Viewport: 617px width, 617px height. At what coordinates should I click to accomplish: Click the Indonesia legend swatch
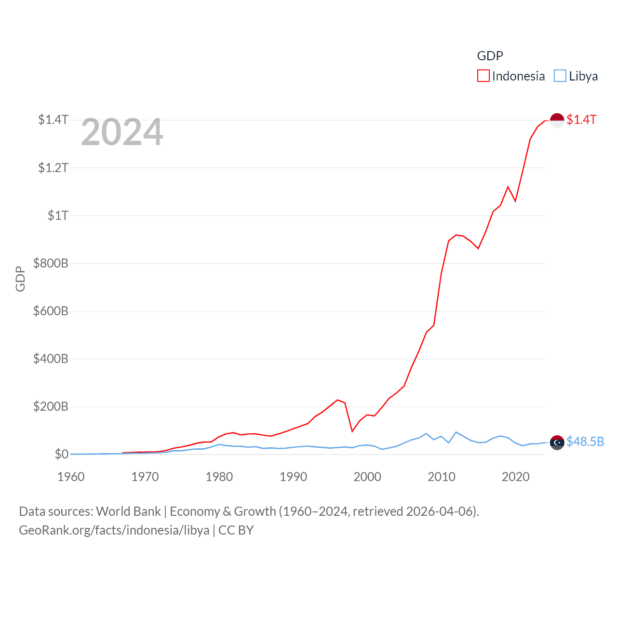[x=483, y=76]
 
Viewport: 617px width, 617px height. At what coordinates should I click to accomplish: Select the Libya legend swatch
[x=560, y=76]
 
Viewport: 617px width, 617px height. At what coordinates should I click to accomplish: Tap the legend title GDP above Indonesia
[x=490, y=56]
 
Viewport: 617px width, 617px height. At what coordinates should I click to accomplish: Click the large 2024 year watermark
[x=122, y=132]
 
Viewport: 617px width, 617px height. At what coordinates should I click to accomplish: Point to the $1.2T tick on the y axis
[x=53, y=168]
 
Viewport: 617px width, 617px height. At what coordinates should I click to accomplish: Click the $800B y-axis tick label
[x=50, y=263]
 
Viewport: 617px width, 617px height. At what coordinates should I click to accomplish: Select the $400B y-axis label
[x=50, y=359]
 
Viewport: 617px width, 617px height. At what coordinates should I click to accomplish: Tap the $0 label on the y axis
[x=61, y=454]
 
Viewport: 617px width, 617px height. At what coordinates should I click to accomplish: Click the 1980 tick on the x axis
[x=219, y=477]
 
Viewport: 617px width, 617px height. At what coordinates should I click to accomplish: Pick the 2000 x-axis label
[x=367, y=477]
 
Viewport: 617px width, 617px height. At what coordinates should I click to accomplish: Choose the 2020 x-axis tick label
[x=515, y=477]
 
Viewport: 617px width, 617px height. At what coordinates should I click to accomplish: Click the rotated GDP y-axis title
[x=20, y=279]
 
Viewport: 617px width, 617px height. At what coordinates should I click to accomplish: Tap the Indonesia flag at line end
[x=557, y=120]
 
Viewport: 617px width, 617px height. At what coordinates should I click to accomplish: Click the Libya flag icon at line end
[x=557, y=442]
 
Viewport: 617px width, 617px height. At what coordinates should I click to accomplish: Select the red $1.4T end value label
[x=581, y=120]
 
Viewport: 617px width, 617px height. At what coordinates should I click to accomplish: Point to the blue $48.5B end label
[x=585, y=442]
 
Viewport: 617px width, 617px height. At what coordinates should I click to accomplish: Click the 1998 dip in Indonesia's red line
[x=352, y=431]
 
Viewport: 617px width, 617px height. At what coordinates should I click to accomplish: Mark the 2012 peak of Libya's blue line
[x=456, y=432]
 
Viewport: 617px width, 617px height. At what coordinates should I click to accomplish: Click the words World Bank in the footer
[x=128, y=511]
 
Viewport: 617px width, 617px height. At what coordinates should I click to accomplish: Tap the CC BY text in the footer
[x=236, y=530]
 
